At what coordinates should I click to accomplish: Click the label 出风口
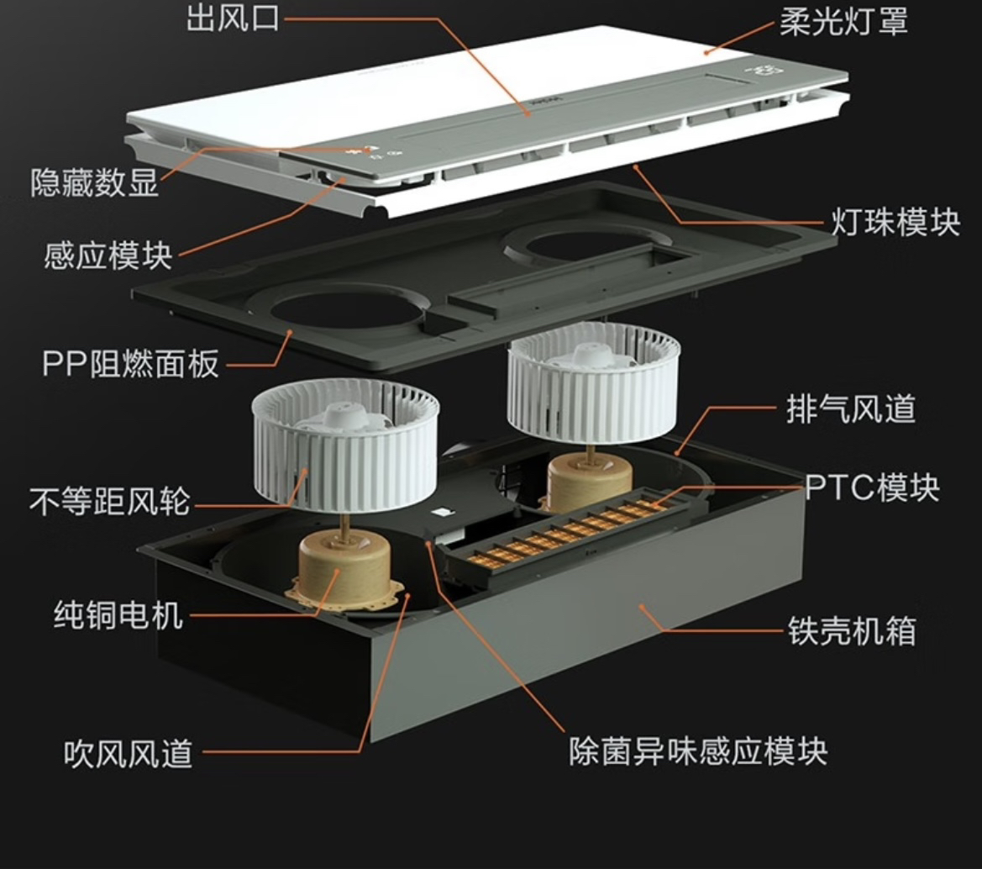[233, 18]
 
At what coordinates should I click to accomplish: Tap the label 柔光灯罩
[843, 20]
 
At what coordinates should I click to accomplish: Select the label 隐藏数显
[94, 182]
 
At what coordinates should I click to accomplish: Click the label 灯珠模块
[895, 223]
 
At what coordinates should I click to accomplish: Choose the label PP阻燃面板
[130, 364]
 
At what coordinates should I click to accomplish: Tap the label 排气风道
[850, 409]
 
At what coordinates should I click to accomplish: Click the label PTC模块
[871, 487]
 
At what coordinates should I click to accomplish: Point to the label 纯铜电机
[118, 615]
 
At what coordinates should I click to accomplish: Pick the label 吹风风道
[129, 752]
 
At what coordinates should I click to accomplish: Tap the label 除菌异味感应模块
[697, 750]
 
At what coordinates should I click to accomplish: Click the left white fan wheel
[344, 445]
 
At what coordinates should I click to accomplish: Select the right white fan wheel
[592, 382]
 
